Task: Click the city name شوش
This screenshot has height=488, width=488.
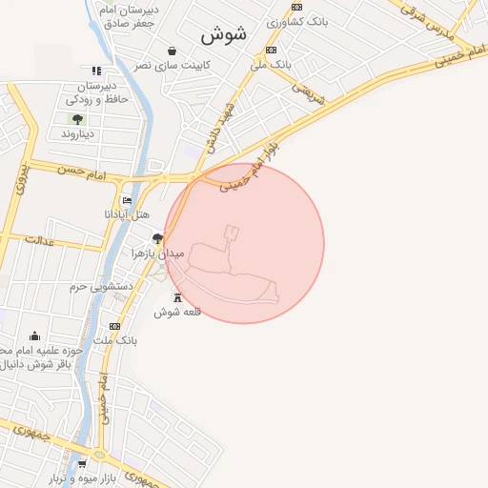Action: click(x=224, y=34)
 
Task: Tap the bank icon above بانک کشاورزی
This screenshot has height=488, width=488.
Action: click(x=296, y=7)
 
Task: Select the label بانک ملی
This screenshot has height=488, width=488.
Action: click(x=269, y=65)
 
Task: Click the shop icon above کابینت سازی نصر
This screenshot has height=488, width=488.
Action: click(x=172, y=51)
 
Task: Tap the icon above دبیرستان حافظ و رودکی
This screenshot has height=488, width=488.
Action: click(x=96, y=71)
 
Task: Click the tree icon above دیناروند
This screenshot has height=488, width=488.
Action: click(x=77, y=119)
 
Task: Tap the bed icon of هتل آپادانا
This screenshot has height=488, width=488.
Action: click(x=128, y=201)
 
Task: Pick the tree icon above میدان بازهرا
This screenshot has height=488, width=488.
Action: click(x=157, y=238)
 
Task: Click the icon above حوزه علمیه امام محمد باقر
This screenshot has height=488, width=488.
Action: click(x=35, y=335)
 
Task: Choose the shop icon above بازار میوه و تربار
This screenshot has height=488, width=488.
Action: click(x=94, y=464)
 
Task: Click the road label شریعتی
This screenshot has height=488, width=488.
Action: click(x=307, y=92)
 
